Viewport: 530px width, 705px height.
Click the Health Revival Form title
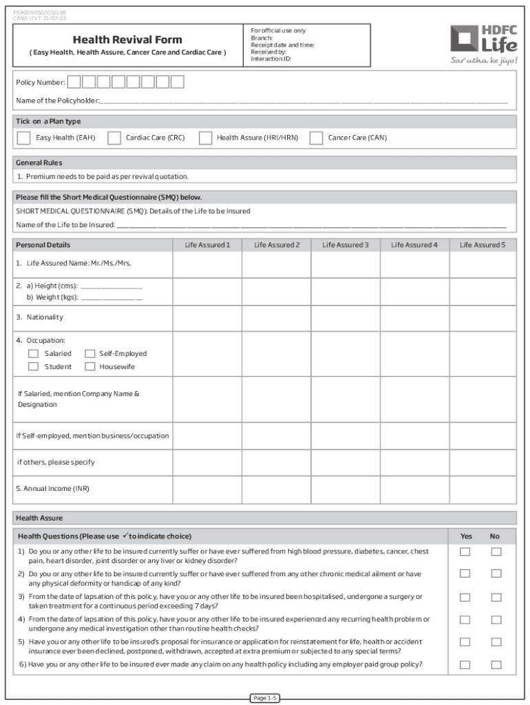(x=127, y=39)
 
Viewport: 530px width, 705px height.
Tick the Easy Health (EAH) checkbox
(x=23, y=138)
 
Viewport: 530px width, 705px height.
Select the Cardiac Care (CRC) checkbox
(x=114, y=138)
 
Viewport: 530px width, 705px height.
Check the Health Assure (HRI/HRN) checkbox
(x=205, y=138)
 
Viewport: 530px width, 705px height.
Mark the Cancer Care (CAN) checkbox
(x=317, y=138)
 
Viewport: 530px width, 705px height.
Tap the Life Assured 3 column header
(x=346, y=245)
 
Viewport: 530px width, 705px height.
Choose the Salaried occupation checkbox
(x=33, y=354)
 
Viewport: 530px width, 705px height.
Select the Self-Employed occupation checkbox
(x=89, y=354)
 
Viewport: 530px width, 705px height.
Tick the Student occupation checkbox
(x=33, y=367)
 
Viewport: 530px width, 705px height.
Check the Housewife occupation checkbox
(x=89, y=367)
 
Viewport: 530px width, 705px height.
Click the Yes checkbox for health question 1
(x=465, y=551)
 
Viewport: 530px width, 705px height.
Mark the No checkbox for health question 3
(x=496, y=598)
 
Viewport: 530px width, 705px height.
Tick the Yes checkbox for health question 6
(x=465, y=664)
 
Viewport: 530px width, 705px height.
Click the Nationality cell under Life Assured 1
(x=206, y=317)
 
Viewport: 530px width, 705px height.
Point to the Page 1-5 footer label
(x=265, y=698)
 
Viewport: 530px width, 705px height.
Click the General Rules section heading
(x=39, y=163)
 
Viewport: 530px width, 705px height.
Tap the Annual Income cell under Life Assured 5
(x=482, y=489)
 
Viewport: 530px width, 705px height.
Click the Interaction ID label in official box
(x=271, y=59)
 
